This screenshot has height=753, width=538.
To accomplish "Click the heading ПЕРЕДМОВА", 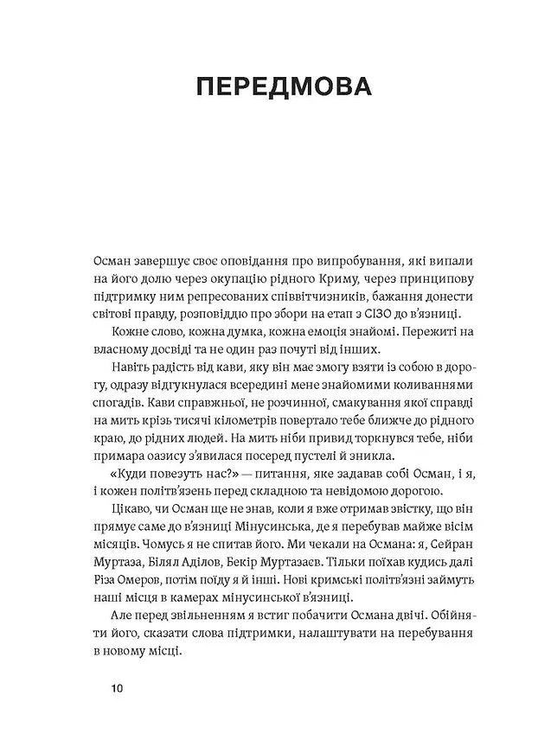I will [x=268, y=89].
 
